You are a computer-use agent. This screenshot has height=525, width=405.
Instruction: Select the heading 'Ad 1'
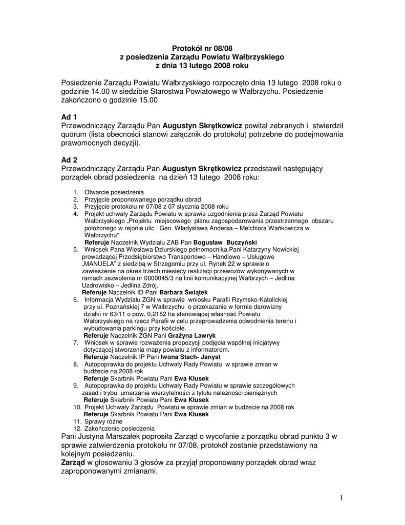[x=69, y=117]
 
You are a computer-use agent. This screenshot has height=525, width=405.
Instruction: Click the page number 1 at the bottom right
[x=340, y=497]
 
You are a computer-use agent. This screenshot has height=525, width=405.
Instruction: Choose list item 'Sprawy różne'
[x=103, y=421]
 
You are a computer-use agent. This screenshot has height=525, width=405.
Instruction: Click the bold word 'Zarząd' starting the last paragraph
[x=73, y=462]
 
